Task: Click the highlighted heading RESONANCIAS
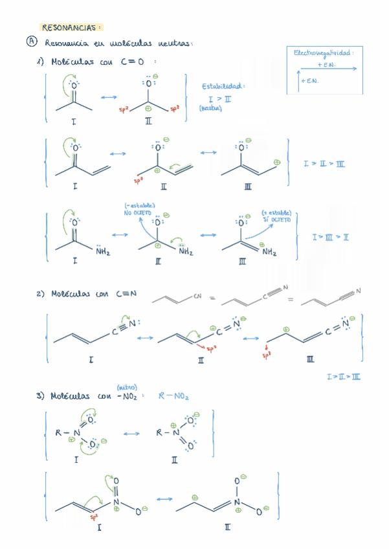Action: point(71,27)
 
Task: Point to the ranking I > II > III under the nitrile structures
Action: point(345,376)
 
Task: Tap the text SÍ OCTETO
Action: point(277,219)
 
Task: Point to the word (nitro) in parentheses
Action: point(126,387)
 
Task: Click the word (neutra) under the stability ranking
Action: point(211,108)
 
